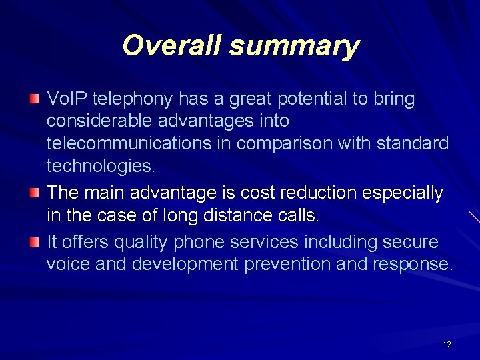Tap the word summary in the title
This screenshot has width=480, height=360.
coord(294,47)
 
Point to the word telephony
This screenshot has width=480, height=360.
coord(133,100)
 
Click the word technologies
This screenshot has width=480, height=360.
coord(100,166)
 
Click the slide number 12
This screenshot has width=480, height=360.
coord(447,345)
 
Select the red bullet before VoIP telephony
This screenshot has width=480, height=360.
coord(35,100)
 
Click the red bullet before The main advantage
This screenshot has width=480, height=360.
coord(35,193)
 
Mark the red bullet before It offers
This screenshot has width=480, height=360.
coord(35,242)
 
